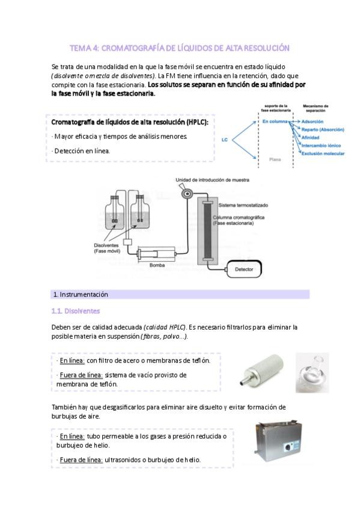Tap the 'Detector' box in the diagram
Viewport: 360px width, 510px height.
click(x=243, y=269)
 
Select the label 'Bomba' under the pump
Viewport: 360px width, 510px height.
click(x=157, y=265)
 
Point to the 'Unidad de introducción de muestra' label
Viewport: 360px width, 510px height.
click(x=213, y=180)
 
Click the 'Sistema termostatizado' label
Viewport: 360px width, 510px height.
click(x=243, y=205)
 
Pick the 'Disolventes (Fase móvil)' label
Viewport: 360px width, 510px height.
click(x=107, y=248)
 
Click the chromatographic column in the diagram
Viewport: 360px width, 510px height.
click(x=207, y=231)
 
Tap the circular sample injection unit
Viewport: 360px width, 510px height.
click(x=187, y=194)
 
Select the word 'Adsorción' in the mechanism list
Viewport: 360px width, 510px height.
click(x=313, y=121)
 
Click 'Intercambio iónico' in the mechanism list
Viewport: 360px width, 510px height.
click(x=321, y=146)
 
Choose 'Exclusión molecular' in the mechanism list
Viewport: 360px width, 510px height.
click(x=323, y=153)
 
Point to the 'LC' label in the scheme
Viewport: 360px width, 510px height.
click(x=225, y=140)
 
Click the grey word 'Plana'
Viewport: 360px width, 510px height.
click(x=275, y=159)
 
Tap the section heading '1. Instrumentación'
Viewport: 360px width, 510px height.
click(x=81, y=294)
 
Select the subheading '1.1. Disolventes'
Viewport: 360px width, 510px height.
click(x=75, y=311)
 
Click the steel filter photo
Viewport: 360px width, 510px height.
click(x=262, y=370)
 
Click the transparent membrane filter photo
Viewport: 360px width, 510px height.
click(x=313, y=373)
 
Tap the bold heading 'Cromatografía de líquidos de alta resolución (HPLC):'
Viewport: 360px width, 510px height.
click(x=130, y=122)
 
